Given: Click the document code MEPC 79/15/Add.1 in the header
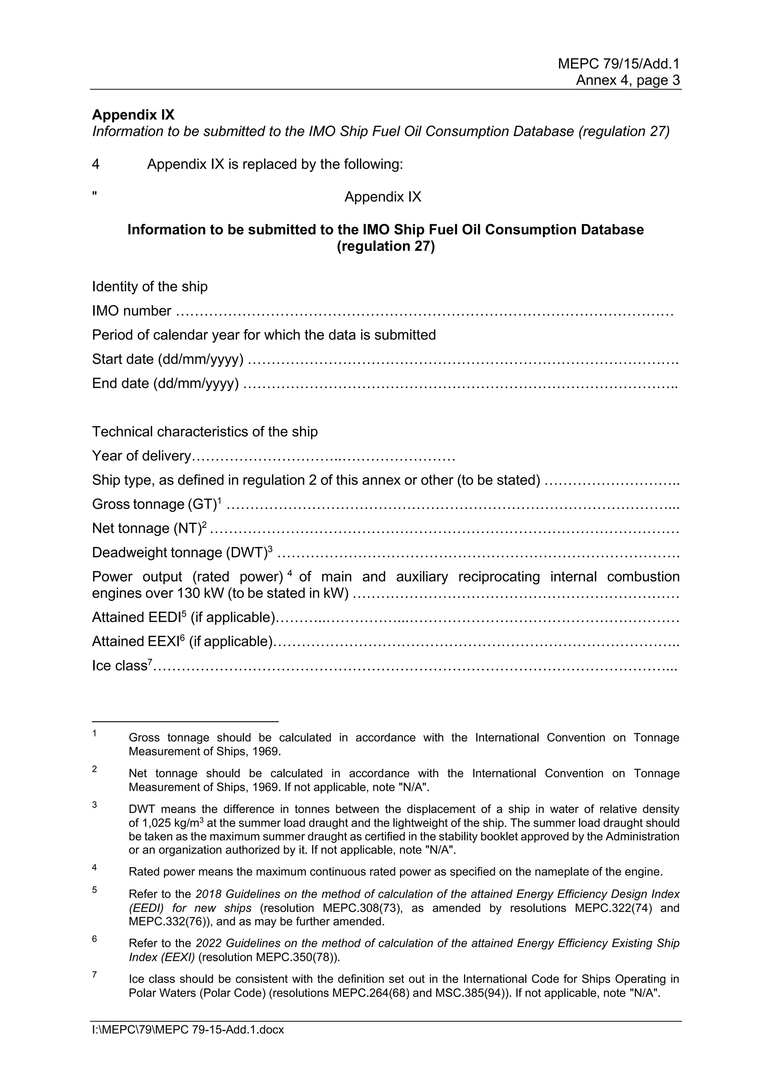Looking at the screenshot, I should [x=619, y=64].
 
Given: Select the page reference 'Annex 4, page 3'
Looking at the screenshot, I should [x=628, y=80].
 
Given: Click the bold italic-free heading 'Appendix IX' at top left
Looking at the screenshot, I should [x=133, y=115].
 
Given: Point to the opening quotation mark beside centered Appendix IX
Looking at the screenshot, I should [x=95, y=194].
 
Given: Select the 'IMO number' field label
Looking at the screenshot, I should [x=132, y=311].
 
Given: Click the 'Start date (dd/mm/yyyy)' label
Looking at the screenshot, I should [x=168, y=359].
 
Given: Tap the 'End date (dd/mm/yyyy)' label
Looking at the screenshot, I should [x=165, y=384].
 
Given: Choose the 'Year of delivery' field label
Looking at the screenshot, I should [x=141, y=456].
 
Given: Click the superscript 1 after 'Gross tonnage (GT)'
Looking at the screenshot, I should [x=219, y=500].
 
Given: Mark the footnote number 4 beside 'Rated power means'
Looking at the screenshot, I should [x=95, y=867].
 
